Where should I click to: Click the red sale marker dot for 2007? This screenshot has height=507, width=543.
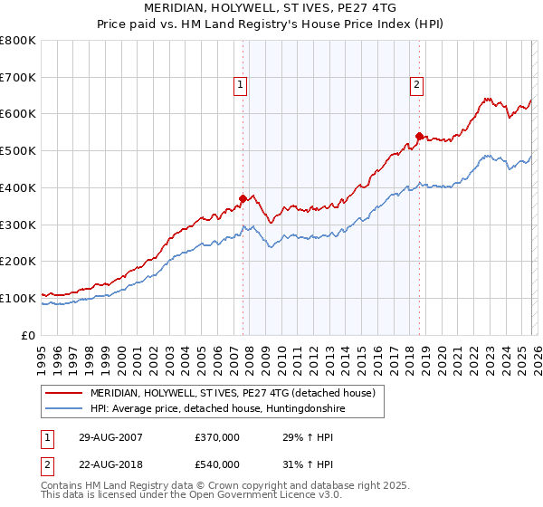tap(243, 198)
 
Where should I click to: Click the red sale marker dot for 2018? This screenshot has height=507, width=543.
tap(419, 136)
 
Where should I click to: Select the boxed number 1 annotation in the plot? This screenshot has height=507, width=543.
tap(241, 86)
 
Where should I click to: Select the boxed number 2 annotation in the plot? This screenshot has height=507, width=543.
tap(416, 86)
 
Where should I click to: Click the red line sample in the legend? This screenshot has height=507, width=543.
tap(65, 393)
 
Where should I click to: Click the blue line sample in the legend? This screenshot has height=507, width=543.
tap(65, 409)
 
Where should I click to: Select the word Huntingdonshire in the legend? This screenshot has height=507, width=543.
tap(302, 409)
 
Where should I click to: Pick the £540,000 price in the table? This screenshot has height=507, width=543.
tap(217, 466)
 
